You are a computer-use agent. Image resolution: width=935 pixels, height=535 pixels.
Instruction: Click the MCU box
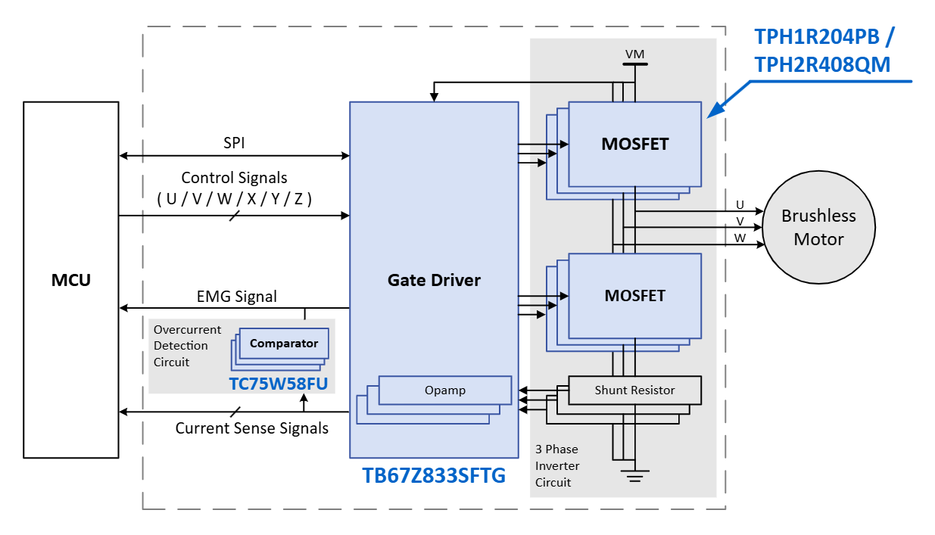[x=70, y=280]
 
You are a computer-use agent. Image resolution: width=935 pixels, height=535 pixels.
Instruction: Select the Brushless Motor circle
[x=818, y=227]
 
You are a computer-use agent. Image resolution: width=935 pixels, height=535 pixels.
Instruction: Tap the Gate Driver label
[x=434, y=280]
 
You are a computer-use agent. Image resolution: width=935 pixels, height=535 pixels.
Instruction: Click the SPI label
[x=234, y=142]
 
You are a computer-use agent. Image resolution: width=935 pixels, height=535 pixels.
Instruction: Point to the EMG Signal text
[x=237, y=297]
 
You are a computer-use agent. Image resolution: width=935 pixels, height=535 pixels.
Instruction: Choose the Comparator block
[x=284, y=344]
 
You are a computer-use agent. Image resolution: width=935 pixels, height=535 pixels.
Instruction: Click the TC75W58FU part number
[x=279, y=384]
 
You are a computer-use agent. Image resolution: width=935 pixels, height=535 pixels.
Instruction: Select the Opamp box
[x=445, y=390]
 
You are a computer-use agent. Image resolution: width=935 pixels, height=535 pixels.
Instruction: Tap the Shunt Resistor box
[x=634, y=390]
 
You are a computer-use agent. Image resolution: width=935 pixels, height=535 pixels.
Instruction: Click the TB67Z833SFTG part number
[x=434, y=477]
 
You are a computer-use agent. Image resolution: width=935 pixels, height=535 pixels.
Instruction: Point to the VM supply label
[x=634, y=54]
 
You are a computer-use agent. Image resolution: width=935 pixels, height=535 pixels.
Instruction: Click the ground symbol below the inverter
[x=635, y=475]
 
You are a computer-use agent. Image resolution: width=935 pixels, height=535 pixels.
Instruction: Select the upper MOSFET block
[x=634, y=144]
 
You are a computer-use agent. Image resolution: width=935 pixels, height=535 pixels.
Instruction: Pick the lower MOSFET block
[x=634, y=296]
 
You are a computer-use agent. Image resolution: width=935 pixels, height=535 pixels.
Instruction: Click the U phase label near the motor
[x=740, y=205]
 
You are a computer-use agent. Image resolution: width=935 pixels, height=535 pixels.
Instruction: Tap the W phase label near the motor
[x=740, y=238]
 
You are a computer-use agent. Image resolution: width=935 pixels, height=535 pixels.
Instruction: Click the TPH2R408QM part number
[x=822, y=65]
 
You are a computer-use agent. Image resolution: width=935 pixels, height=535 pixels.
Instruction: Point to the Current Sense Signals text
[x=252, y=428]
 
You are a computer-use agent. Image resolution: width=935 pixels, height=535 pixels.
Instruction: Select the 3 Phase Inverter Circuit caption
[x=556, y=465]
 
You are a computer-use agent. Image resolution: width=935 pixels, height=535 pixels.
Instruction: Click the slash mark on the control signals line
[x=235, y=216]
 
